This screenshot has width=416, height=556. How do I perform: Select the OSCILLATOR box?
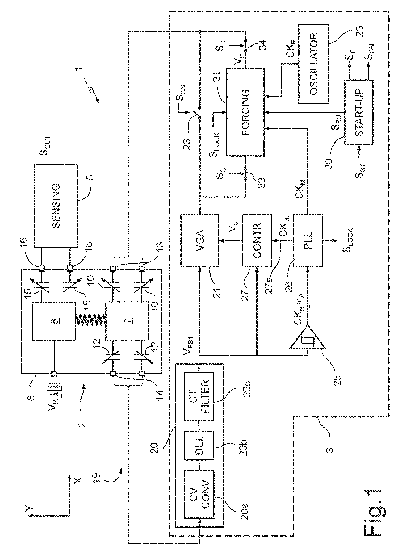(313, 64)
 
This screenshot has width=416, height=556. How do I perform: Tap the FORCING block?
(245, 112)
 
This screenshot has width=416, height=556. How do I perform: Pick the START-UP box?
(359, 112)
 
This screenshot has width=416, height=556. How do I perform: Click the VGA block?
(199, 240)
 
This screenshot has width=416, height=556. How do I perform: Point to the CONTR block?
(257, 240)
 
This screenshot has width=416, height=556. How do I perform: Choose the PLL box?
(307, 240)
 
